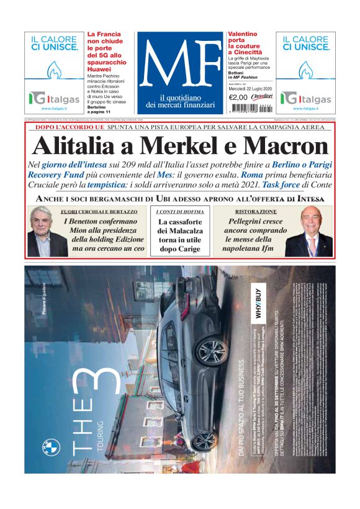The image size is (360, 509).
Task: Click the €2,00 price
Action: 238,97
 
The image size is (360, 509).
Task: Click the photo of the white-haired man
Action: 47,232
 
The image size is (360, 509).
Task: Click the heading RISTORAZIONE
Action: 251,212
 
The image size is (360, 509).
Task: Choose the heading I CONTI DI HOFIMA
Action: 180,212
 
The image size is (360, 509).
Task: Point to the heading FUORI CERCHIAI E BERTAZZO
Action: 103,212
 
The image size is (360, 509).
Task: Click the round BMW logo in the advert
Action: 51,447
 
